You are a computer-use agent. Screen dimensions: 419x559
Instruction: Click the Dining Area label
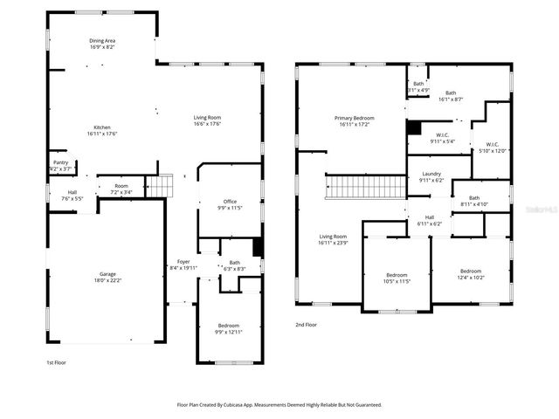[x=102, y=44]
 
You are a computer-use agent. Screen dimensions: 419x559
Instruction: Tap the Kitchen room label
[x=102, y=130]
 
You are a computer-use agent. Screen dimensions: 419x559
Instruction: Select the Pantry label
[x=60, y=165]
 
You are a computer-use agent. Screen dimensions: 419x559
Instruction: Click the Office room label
[x=230, y=204]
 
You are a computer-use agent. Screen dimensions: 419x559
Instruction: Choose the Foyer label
[x=183, y=264]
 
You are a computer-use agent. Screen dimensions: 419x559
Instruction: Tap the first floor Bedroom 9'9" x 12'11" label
[x=227, y=328]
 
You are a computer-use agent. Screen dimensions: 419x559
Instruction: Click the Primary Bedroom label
[x=354, y=120]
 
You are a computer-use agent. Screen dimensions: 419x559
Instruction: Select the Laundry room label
[x=431, y=177]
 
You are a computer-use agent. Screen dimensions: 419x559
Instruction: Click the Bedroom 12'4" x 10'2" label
[x=471, y=274]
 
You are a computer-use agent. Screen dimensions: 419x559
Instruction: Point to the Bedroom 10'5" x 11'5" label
[x=397, y=278]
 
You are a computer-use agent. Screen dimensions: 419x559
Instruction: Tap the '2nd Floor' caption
[x=306, y=325]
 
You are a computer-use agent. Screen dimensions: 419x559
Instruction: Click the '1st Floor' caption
[x=56, y=361]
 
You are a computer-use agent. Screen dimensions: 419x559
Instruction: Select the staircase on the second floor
[x=366, y=187]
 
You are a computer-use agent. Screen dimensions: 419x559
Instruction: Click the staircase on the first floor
[x=160, y=186]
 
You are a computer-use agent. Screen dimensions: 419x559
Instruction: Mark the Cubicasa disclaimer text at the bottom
[x=279, y=405]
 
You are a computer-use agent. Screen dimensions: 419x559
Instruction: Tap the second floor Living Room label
[x=333, y=239]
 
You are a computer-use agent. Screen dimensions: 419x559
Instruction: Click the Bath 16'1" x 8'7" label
[x=450, y=96]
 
